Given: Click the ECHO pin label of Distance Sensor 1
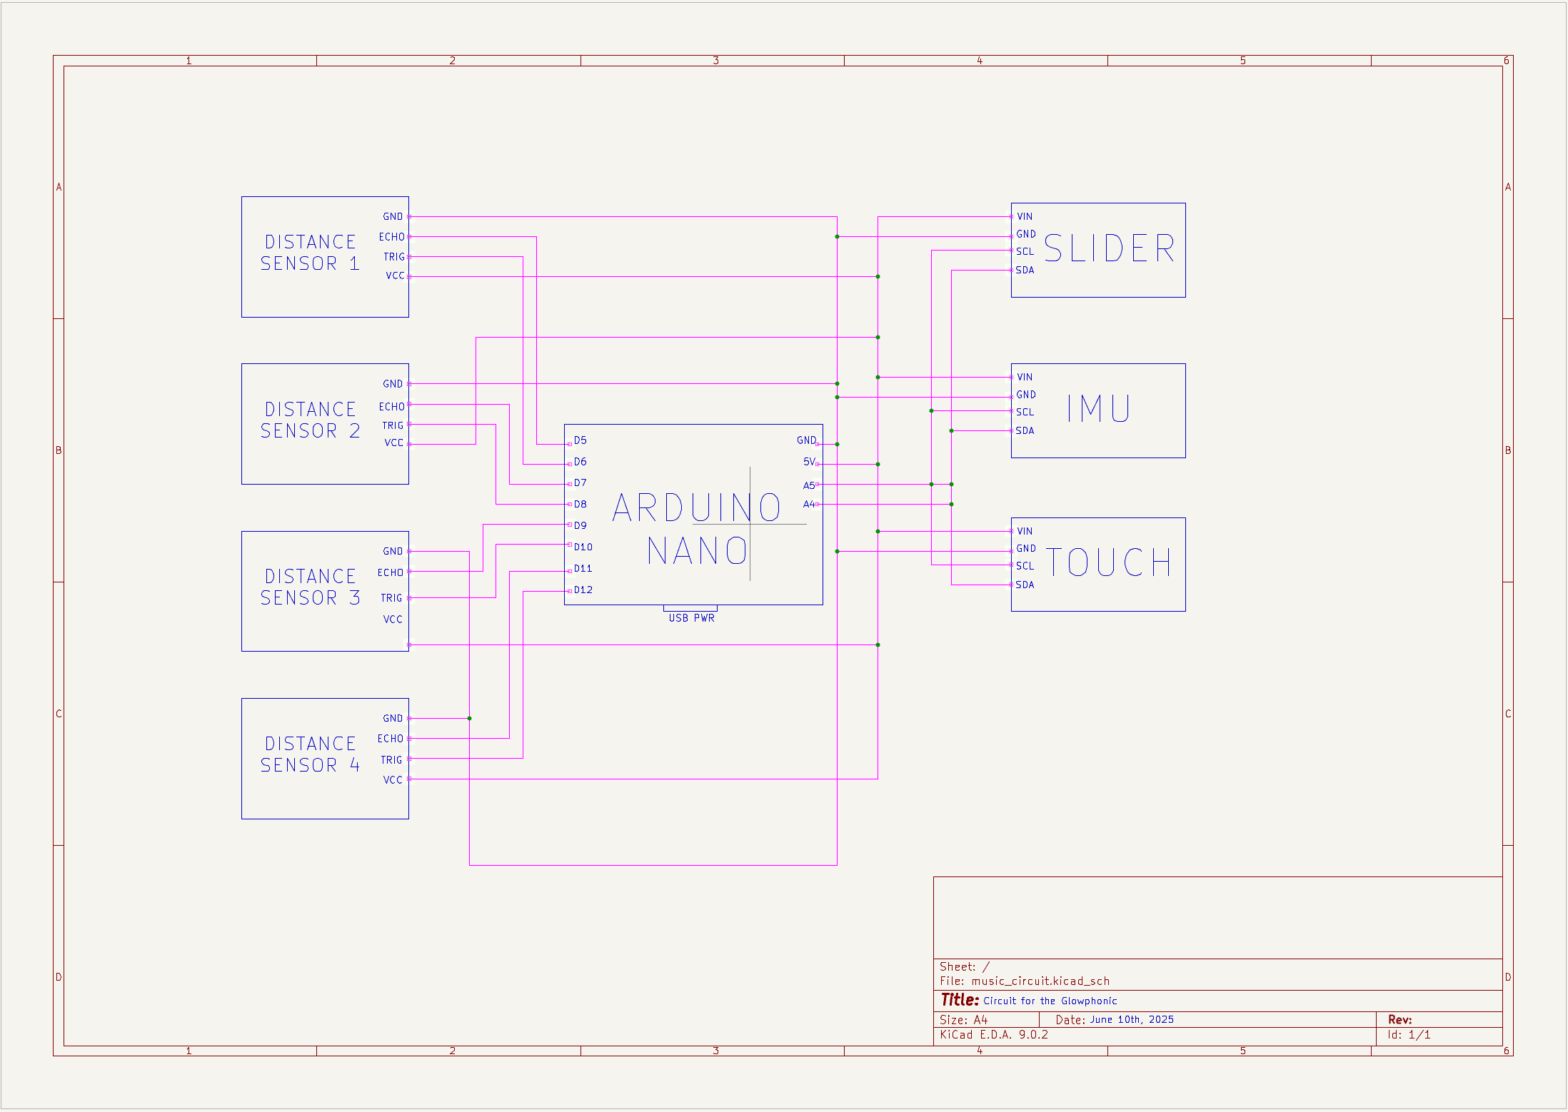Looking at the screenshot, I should [391, 237].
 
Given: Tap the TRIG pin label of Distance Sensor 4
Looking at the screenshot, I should [391, 760].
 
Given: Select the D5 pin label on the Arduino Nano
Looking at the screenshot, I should [580, 440].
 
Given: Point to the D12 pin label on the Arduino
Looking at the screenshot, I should [583, 590].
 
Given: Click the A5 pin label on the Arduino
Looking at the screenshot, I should [808, 485].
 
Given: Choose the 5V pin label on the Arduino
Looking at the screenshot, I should [808, 462].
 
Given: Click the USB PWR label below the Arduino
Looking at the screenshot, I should [691, 618].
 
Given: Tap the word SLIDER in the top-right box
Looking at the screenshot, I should [1109, 248].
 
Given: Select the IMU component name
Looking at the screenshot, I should [1098, 409].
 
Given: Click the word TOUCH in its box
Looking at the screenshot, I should [1109, 562].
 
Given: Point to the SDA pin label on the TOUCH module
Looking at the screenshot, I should [1025, 585].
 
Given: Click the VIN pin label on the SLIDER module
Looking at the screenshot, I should [1025, 216].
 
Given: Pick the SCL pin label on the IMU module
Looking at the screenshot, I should [1025, 412].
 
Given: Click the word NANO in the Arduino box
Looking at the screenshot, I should [697, 551].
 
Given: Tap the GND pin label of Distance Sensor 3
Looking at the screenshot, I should [393, 551].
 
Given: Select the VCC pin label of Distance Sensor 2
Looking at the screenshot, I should [393, 443].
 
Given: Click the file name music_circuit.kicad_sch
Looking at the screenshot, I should [1040, 981].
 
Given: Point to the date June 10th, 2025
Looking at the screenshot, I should [1132, 1019].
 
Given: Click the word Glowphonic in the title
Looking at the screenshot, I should [1089, 1001].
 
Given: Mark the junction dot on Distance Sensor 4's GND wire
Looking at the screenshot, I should [469, 718].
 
